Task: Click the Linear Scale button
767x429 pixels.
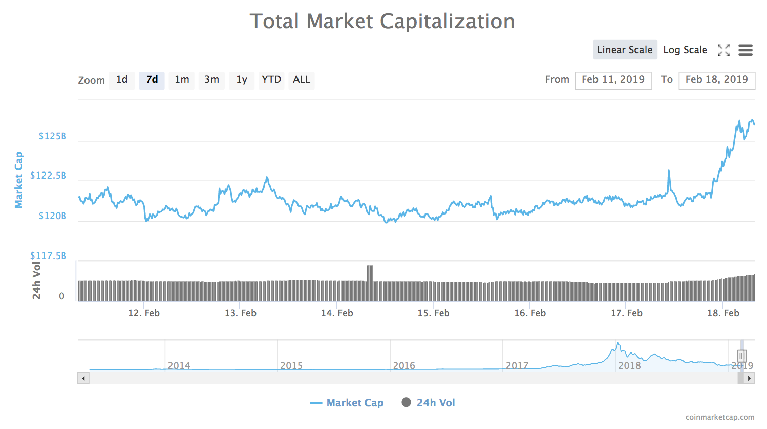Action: tap(625, 50)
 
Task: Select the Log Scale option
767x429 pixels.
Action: tap(685, 50)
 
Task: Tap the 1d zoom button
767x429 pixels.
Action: tap(122, 80)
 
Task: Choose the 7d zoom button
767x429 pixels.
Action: tap(152, 80)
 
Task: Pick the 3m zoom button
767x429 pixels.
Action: tap(211, 80)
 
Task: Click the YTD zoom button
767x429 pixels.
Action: tap(271, 80)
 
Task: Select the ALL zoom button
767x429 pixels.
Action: tap(302, 80)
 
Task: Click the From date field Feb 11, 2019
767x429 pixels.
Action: tap(613, 80)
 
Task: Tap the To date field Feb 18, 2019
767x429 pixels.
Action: tap(716, 80)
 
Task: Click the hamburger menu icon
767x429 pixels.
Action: tap(745, 50)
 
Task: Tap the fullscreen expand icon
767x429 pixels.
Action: tap(723, 50)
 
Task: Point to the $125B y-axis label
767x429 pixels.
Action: tap(52, 136)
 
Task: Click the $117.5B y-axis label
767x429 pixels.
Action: tap(48, 256)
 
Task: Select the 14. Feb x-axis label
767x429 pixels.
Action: tap(337, 313)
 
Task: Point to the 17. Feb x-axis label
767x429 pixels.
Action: tap(626, 313)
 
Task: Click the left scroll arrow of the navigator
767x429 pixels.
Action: tap(83, 378)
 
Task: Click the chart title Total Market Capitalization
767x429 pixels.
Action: tap(382, 21)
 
